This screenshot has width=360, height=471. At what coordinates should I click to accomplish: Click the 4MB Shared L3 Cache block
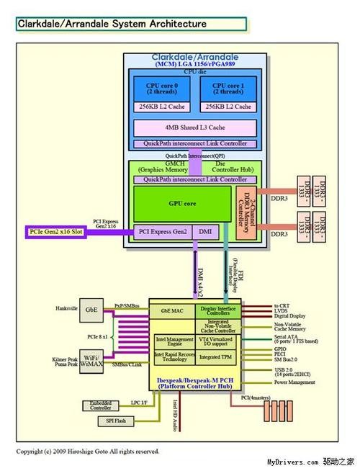coord(194,127)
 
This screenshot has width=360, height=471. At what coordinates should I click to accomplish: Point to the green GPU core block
coord(184,204)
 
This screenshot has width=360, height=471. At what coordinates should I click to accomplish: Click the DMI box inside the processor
coord(204,231)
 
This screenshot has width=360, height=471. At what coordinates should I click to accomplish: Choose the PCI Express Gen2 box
coord(163,231)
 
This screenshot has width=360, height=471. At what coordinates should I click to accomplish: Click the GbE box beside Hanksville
coord(91,308)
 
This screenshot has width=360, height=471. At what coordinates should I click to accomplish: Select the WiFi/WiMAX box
coord(90,360)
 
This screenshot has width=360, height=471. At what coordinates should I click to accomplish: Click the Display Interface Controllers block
coord(218,311)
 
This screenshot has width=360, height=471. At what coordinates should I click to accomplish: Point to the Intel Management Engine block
coord(174,340)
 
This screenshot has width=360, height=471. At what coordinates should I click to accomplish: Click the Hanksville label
coord(66,308)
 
